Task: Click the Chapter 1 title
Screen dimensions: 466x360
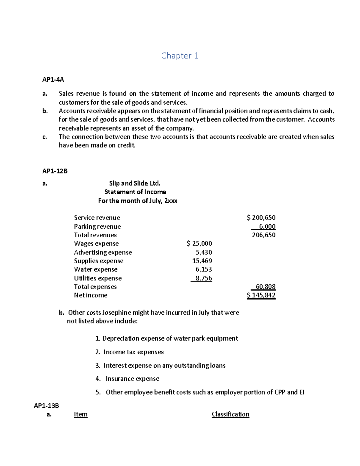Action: pos(180,56)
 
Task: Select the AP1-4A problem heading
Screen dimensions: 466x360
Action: pos(53,80)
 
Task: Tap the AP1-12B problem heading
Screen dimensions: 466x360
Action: pos(55,171)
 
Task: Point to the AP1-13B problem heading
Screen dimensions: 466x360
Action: pos(46,406)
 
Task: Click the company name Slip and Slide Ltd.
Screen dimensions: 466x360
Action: pos(135,183)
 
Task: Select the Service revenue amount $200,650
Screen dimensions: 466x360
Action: pos(261,218)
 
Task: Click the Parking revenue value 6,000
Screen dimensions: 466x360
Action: pos(267,227)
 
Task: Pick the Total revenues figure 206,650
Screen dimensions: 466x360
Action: pos(264,235)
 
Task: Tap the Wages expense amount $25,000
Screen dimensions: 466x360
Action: pos(199,243)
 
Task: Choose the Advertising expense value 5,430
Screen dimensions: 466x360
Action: pos(204,252)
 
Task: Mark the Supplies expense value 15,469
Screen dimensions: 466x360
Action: pos(202,261)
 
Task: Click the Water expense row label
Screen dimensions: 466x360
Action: pos(96,269)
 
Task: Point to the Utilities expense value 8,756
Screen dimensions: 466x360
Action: pos(203,278)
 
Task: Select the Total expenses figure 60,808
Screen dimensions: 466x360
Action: pos(265,287)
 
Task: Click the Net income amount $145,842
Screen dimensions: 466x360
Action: pos(261,295)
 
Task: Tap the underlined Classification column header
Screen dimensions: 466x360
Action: pos(230,414)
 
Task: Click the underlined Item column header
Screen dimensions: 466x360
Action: pos(81,414)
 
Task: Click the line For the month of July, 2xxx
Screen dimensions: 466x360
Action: pos(137,201)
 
